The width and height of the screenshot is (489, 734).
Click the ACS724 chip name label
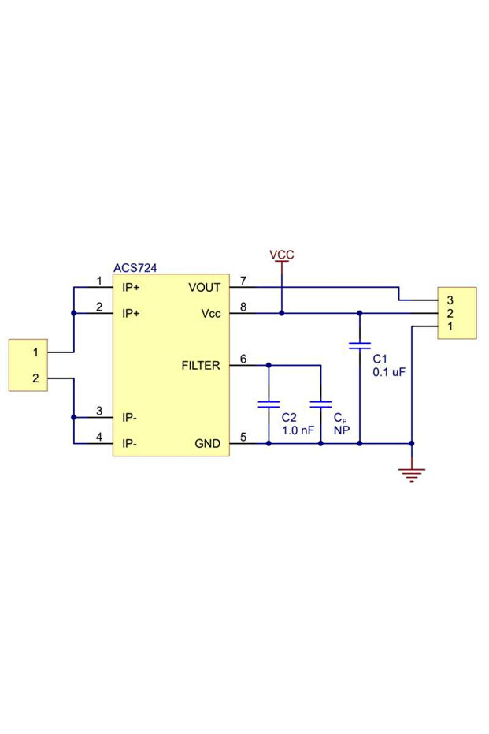tap(135, 268)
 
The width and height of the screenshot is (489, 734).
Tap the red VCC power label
tap(282, 255)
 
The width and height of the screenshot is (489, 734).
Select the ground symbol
tap(411, 473)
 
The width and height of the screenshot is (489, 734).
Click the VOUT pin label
tap(205, 288)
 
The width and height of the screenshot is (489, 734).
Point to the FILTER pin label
tap(201, 366)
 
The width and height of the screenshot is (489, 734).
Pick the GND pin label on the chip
tap(207, 444)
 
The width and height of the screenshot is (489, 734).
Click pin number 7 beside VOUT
tap(243, 281)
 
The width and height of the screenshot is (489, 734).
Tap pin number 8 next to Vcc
tap(243, 307)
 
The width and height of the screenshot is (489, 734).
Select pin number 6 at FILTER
tap(243, 360)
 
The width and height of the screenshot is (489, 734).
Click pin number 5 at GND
tap(243, 438)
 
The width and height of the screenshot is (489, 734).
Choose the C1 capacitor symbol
tap(360, 345)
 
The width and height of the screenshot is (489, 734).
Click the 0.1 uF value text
tap(389, 372)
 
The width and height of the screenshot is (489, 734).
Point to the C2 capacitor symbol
tap(269, 404)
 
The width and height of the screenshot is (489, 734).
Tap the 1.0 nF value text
tap(298, 430)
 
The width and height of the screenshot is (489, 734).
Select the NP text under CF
tap(341, 430)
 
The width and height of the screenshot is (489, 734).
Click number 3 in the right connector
tap(450, 300)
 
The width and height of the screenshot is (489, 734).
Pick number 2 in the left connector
tap(35, 378)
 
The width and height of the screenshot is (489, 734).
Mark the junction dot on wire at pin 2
tap(73, 314)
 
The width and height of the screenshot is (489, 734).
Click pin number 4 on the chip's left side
tap(99, 438)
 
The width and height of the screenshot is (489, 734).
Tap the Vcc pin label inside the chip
tap(211, 314)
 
